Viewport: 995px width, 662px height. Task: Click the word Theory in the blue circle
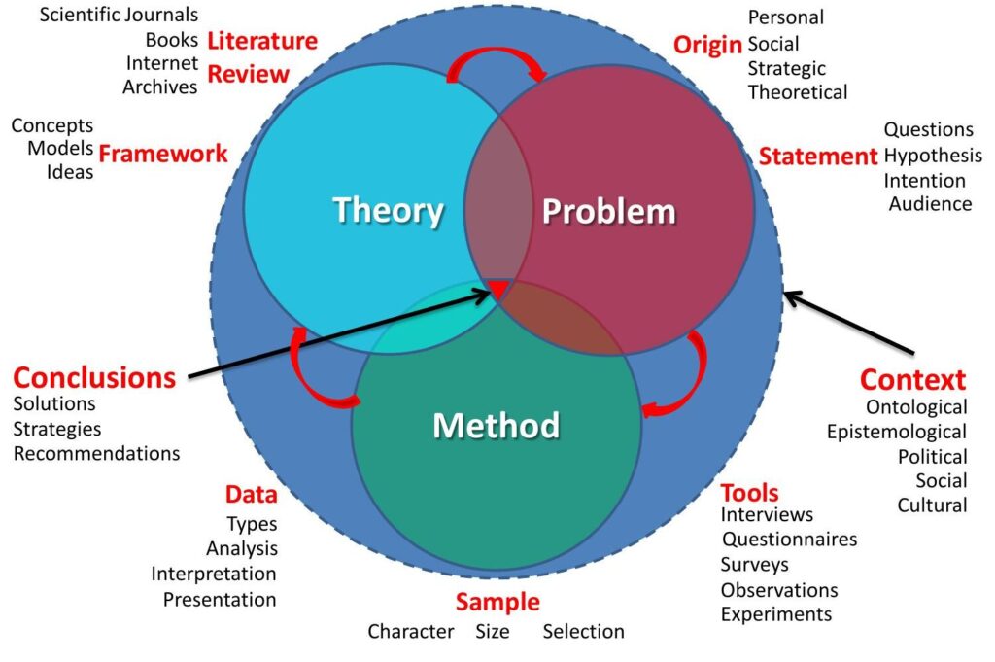(388, 210)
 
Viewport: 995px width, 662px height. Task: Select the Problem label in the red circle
(608, 211)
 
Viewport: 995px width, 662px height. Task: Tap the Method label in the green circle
(496, 425)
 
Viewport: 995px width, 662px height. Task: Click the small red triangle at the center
(497, 289)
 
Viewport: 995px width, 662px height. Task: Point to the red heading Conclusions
(94, 377)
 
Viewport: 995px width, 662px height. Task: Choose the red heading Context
(912, 379)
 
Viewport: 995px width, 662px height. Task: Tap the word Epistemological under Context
(896, 432)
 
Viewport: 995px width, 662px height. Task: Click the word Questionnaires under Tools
(789, 539)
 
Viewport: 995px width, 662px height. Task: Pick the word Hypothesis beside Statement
(933, 156)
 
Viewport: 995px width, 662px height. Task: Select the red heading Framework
(163, 153)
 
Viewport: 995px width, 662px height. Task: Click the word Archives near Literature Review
(159, 87)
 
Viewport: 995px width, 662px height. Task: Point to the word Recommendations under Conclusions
(96, 453)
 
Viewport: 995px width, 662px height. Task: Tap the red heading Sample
(497, 602)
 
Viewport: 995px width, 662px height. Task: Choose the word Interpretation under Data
(213, 574)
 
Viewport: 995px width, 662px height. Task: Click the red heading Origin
(707, 44)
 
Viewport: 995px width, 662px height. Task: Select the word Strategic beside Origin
(786, 68)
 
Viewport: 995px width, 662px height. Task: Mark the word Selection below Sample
(583, 632)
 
